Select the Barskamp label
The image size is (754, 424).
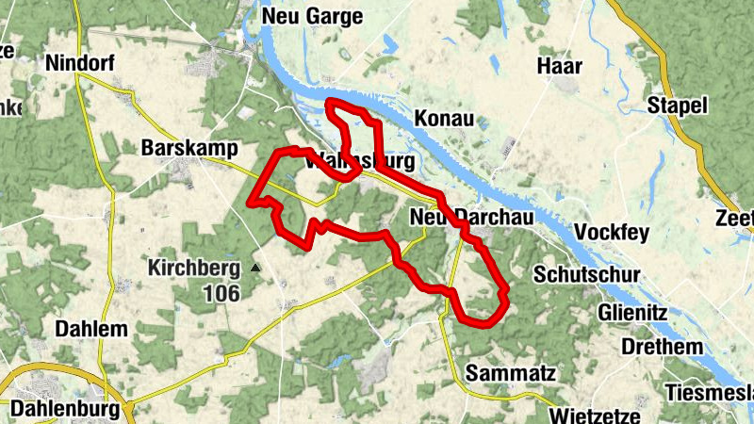tap(188, 149)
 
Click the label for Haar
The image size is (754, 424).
tap(559, 66)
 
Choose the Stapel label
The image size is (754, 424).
tap(677, 105)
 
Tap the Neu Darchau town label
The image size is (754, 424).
tap(473, 217)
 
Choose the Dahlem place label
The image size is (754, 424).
tap(91, 330)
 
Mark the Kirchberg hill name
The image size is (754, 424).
tap(193, 269)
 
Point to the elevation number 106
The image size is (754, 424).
tap(221, 294)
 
